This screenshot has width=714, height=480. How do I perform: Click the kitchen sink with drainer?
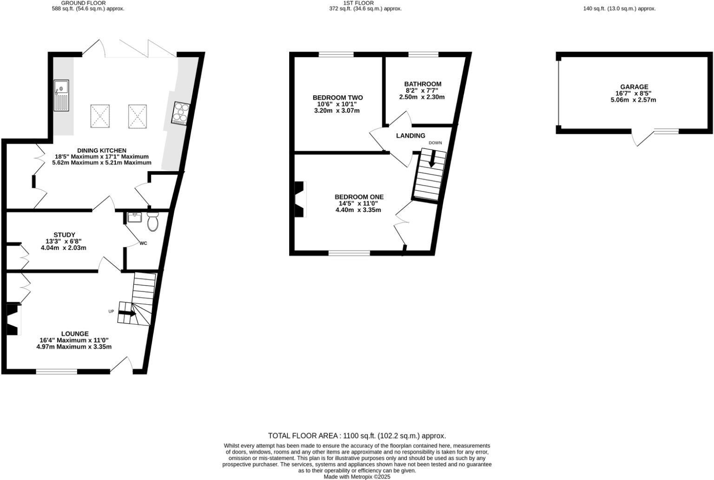61,95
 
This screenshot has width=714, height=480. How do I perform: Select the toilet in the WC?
152,222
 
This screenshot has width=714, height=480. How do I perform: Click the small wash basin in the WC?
135,217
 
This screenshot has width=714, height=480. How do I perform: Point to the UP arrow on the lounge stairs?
127,313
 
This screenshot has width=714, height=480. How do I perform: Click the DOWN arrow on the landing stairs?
432,160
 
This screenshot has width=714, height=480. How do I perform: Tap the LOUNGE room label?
75,333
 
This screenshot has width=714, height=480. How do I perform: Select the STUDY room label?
64,234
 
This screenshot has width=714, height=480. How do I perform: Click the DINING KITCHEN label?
101,150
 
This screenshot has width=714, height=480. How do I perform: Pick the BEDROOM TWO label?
337,97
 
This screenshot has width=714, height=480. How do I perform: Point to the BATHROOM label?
422,84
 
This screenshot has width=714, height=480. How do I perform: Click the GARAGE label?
634,87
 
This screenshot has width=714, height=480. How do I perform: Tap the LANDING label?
410,136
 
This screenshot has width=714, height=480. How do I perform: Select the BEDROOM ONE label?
359,197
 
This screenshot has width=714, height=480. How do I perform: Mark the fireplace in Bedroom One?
300,199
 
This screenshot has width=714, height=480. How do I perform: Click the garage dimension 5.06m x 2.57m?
634,100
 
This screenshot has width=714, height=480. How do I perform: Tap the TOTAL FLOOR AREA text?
357,436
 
